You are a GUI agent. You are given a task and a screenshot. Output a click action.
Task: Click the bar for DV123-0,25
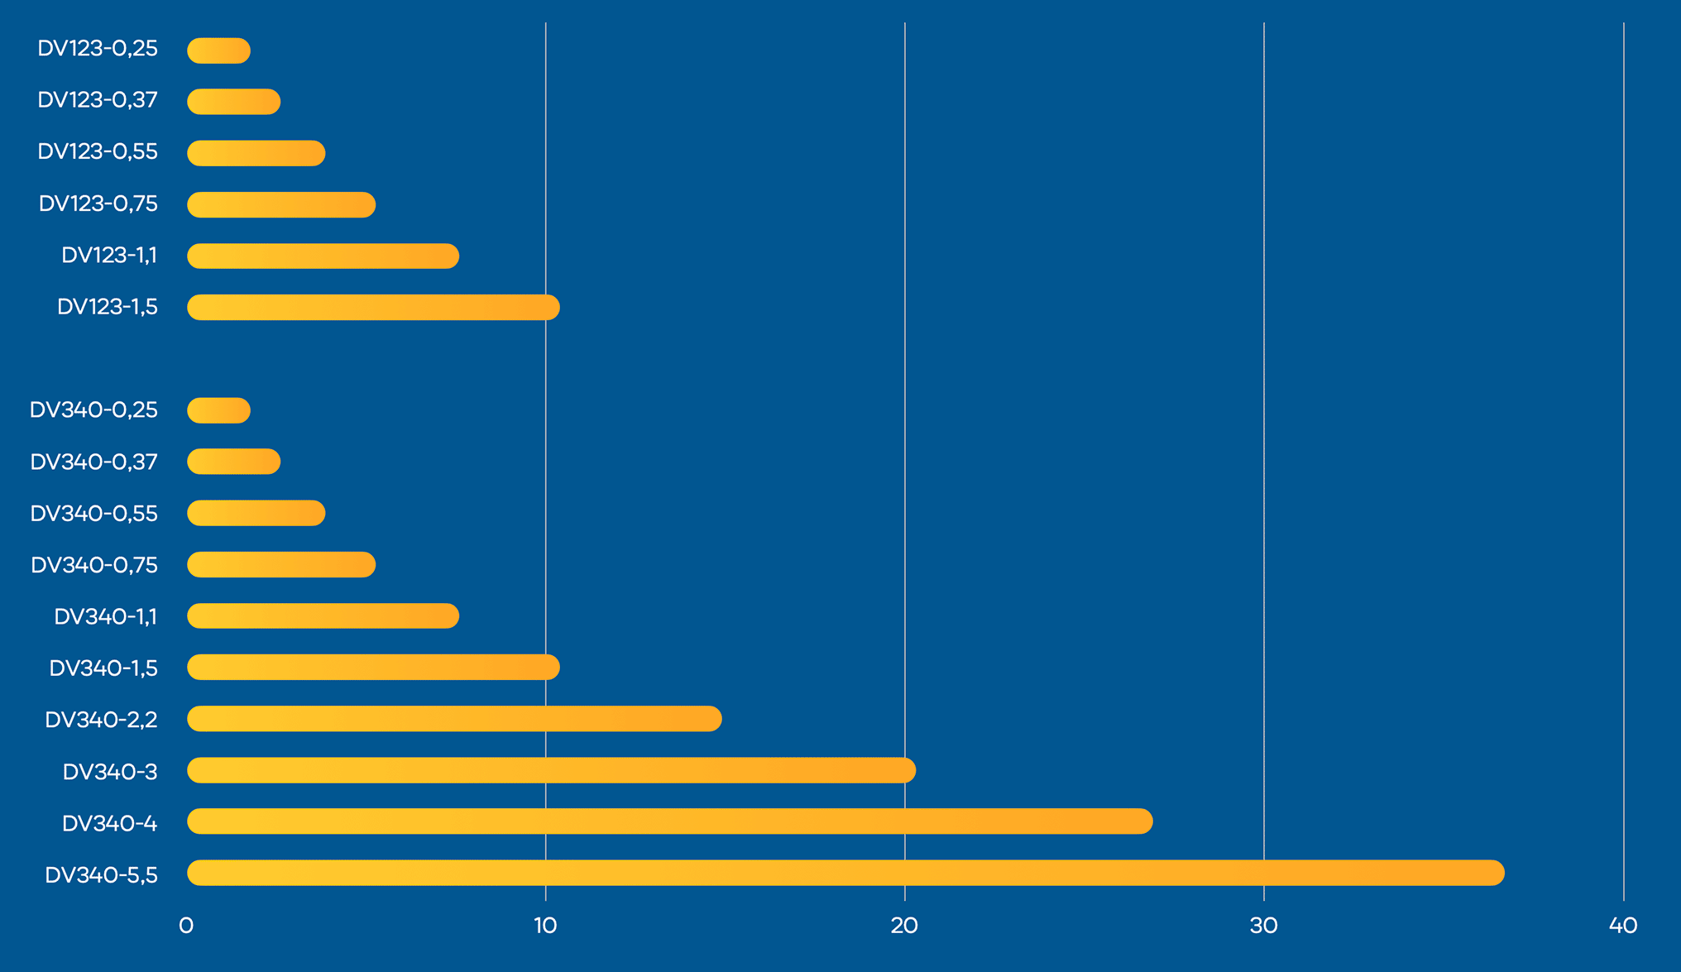click(x=218, y=50)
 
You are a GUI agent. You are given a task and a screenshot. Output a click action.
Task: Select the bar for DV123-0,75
click(x=281, y=204)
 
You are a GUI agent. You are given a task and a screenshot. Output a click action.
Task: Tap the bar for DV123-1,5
click(x=373, y=307)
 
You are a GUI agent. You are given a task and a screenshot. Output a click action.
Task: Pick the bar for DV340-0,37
click(x=233, y=462)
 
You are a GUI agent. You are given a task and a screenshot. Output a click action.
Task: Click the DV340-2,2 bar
click(x=454, y=719)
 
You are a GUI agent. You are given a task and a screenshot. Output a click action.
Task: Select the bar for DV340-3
click(x=551, y=770)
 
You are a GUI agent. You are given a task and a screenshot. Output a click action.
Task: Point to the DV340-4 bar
click(x=669, y=821)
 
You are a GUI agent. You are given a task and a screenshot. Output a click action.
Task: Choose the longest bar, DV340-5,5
click(x=845, y=873)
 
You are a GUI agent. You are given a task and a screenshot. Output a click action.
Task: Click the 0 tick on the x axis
click(x=186, y=926)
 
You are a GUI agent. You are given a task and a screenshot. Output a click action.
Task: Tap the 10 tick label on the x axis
click(x=545, y=926)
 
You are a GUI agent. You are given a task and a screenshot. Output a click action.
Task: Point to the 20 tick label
click(x=904, y=926)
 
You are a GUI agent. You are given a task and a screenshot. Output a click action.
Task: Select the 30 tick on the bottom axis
click(x=1263, y=926)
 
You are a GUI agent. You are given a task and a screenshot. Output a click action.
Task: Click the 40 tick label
click(x=1623, y=926)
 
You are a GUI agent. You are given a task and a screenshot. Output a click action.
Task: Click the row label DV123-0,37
click(x=98, y=100)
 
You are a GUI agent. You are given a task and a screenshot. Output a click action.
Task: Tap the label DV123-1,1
click(x=109, y=255)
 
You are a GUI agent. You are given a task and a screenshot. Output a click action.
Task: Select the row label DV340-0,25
click(x=93, y=410)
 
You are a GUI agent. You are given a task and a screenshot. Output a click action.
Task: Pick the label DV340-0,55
click(x=93, y=514)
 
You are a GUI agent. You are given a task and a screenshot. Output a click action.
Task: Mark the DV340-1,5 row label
click(x=103, y=668)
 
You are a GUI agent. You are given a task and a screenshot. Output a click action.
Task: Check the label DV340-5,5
click(x=101, y=875)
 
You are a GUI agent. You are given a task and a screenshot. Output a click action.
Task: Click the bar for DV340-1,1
click(x=323, y=616)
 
